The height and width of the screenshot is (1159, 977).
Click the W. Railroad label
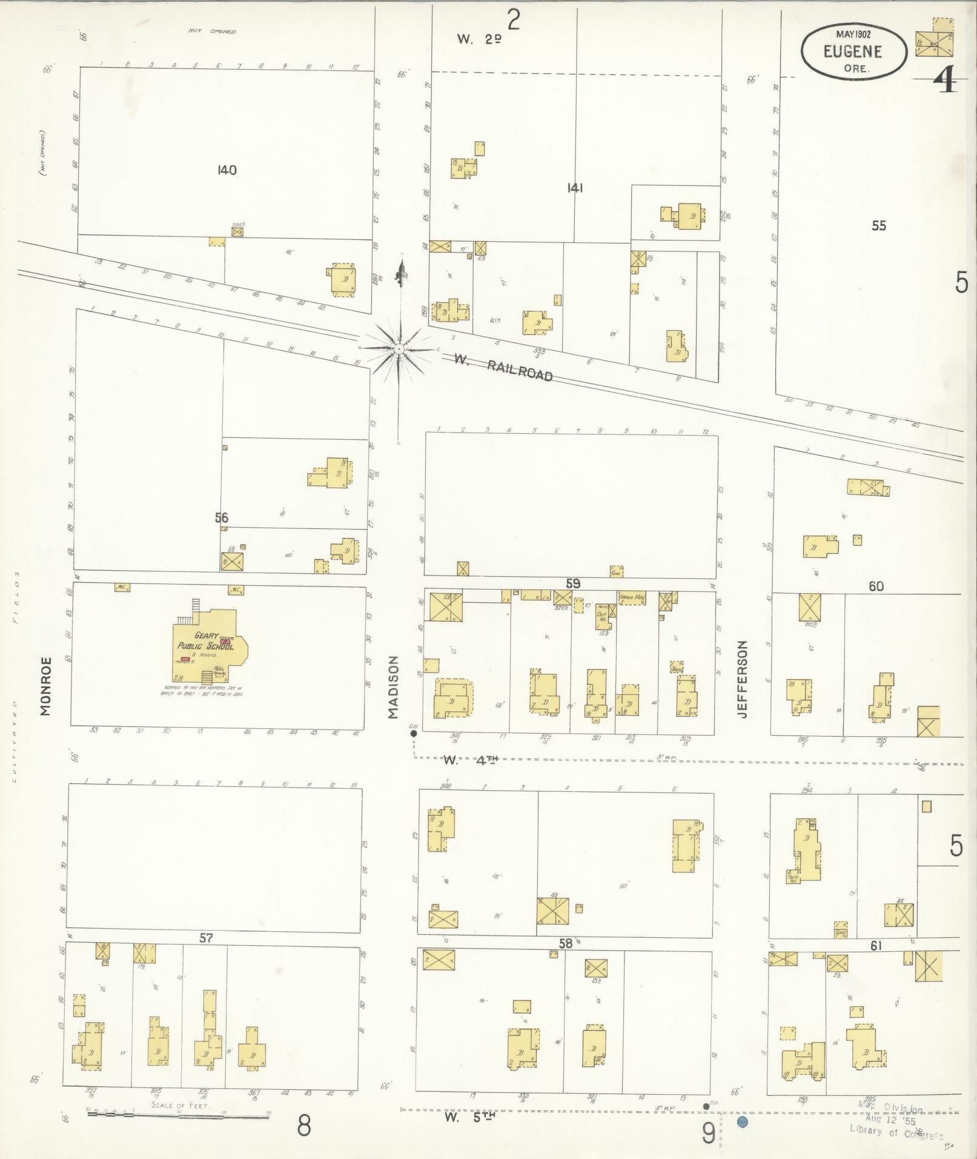click(503, 367)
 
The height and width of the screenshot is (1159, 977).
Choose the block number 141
click(575, 188)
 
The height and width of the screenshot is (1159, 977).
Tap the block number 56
click(222, 517)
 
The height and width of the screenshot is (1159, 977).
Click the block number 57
click(207, 938)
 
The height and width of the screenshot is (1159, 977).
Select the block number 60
click(876, 586)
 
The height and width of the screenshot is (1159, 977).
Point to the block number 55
click(878, 225)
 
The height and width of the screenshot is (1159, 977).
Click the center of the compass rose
click(399, 349)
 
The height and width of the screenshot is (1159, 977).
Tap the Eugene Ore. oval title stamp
click(853, 52)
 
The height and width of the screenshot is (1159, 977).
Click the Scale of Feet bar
click(179, 1114)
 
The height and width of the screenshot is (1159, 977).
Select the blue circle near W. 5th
click(742, 1121)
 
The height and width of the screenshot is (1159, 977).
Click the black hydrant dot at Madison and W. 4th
click(414, 733)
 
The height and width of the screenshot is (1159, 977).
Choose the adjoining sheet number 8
click(303, 1126)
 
